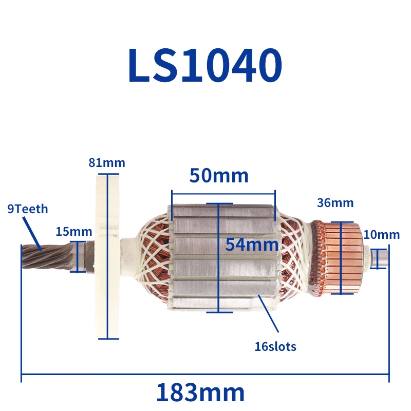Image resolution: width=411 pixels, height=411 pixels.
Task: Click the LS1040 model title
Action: tap(205, 65)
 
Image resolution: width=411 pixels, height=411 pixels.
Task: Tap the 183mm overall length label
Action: tap(200, 393)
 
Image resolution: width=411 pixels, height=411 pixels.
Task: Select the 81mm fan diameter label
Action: tap(107, 163)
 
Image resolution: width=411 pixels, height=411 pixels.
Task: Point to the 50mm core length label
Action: tap(219, 176)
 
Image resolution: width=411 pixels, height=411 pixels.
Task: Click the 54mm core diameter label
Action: tap(252, 245)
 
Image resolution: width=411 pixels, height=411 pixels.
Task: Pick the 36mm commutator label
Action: tap(335, 203)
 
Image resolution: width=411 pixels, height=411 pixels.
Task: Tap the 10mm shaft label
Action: tap(382, 235)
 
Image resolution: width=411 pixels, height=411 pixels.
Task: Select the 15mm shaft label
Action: tap(74, 232)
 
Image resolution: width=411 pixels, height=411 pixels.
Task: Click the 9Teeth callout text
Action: tap(28, 209)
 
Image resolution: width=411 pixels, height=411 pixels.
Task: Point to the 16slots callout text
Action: tap(275, 346)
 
